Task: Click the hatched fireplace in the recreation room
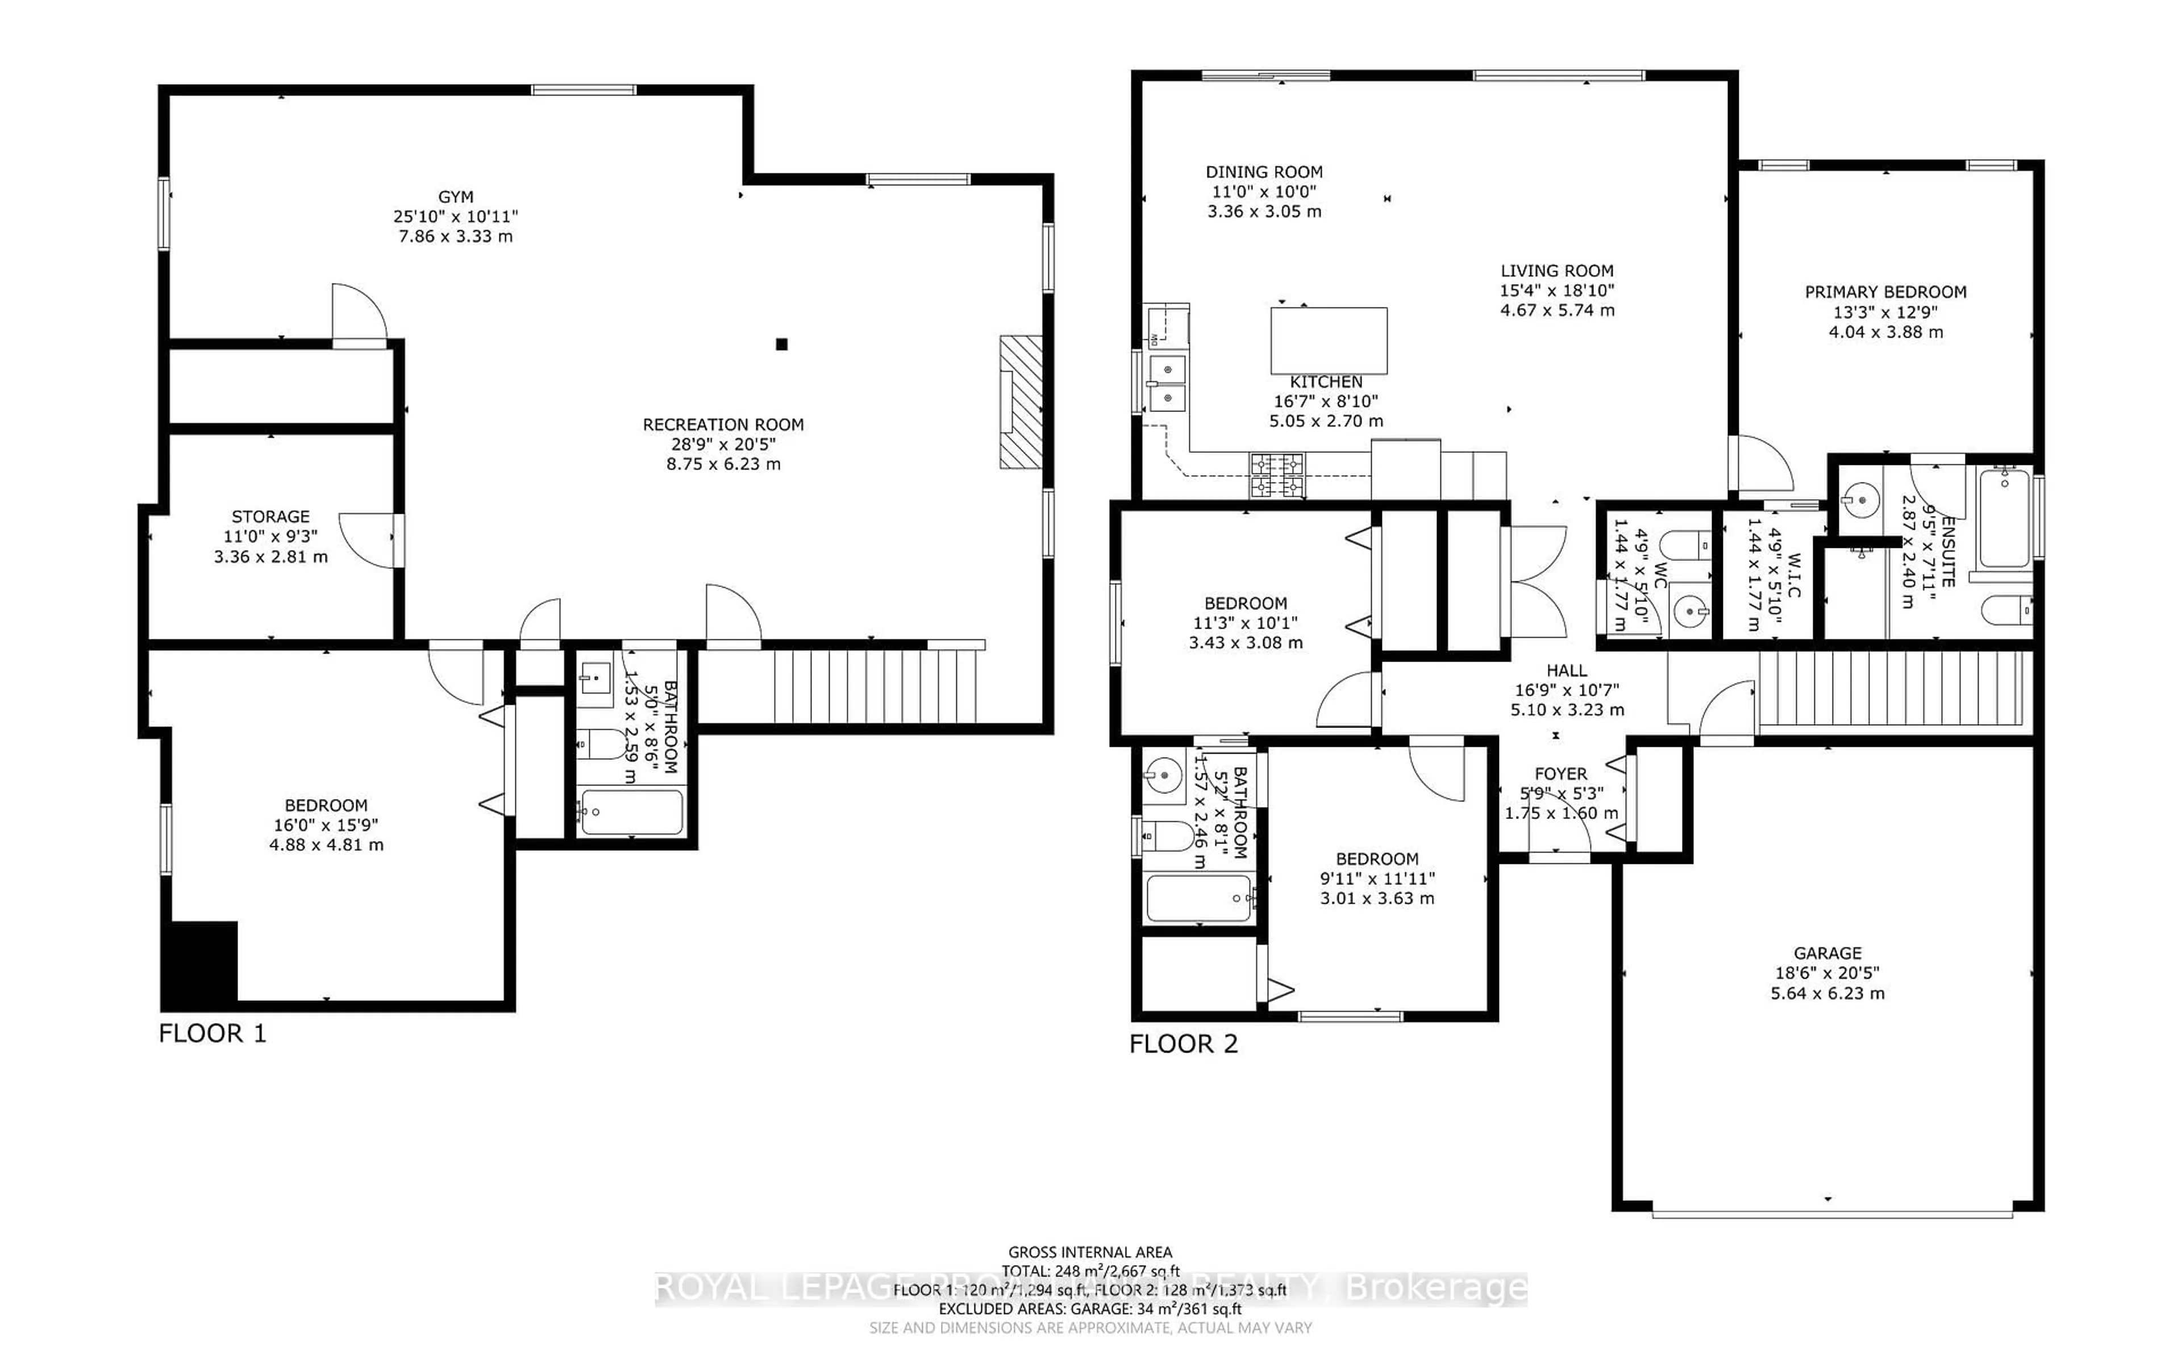pyautogui.click(x=1021, y=402)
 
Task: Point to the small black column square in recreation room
pyautogui.click(x=782, y=344)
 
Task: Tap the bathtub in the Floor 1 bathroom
pyautogui.click(x=631, y=812)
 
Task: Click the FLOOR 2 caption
pyautogui.click(x=1183, y=1045)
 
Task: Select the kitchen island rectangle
pyautogui.click(x=1328, y=340)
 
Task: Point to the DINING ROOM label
pyautogui.click(x=1264, y=172)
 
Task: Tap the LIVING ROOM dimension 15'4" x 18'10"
pyautogui.click(x=1556, y=290)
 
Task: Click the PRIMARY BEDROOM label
pyautogui.click(x=1885, y=292)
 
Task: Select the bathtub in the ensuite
pyautogui.click(x=2004, y=519)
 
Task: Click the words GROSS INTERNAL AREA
pyautogui.click(x=1089, y=1252)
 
